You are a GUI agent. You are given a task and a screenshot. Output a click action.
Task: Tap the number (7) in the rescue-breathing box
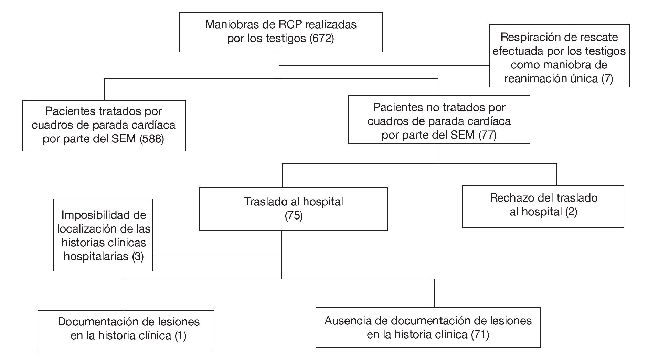(x=607, y=78)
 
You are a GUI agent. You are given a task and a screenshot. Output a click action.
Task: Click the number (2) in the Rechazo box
(x=571, y=212)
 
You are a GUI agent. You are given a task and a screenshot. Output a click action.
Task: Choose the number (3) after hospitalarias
(x=138, y=256)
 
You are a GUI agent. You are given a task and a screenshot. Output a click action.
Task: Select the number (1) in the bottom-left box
(x=180, y=335)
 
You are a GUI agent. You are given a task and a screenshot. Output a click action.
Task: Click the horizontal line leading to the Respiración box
(x=384, y=65)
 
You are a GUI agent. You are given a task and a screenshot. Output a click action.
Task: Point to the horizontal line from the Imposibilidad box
(x=217, y=255)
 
